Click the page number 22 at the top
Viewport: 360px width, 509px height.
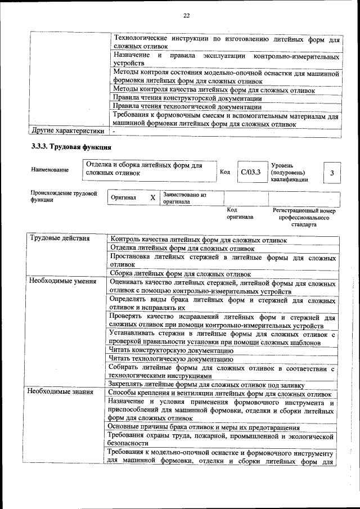click(x=186, y=15)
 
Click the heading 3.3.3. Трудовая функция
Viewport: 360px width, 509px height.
click(x=71, y=147)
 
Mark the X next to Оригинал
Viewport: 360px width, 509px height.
click(x=152, y=198)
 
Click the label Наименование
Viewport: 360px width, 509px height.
click(x=51, y=169)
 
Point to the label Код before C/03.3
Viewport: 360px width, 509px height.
click(x=225, y=172)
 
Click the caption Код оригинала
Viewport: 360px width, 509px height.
click(x=240, y=213)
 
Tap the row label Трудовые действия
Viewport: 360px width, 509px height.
click(x=60, y=238)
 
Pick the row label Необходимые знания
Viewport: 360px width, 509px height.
click(x=61, y=391)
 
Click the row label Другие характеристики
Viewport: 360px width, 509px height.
click(x=68, y=131)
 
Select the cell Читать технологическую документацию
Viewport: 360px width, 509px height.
click(x=171, y=358)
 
